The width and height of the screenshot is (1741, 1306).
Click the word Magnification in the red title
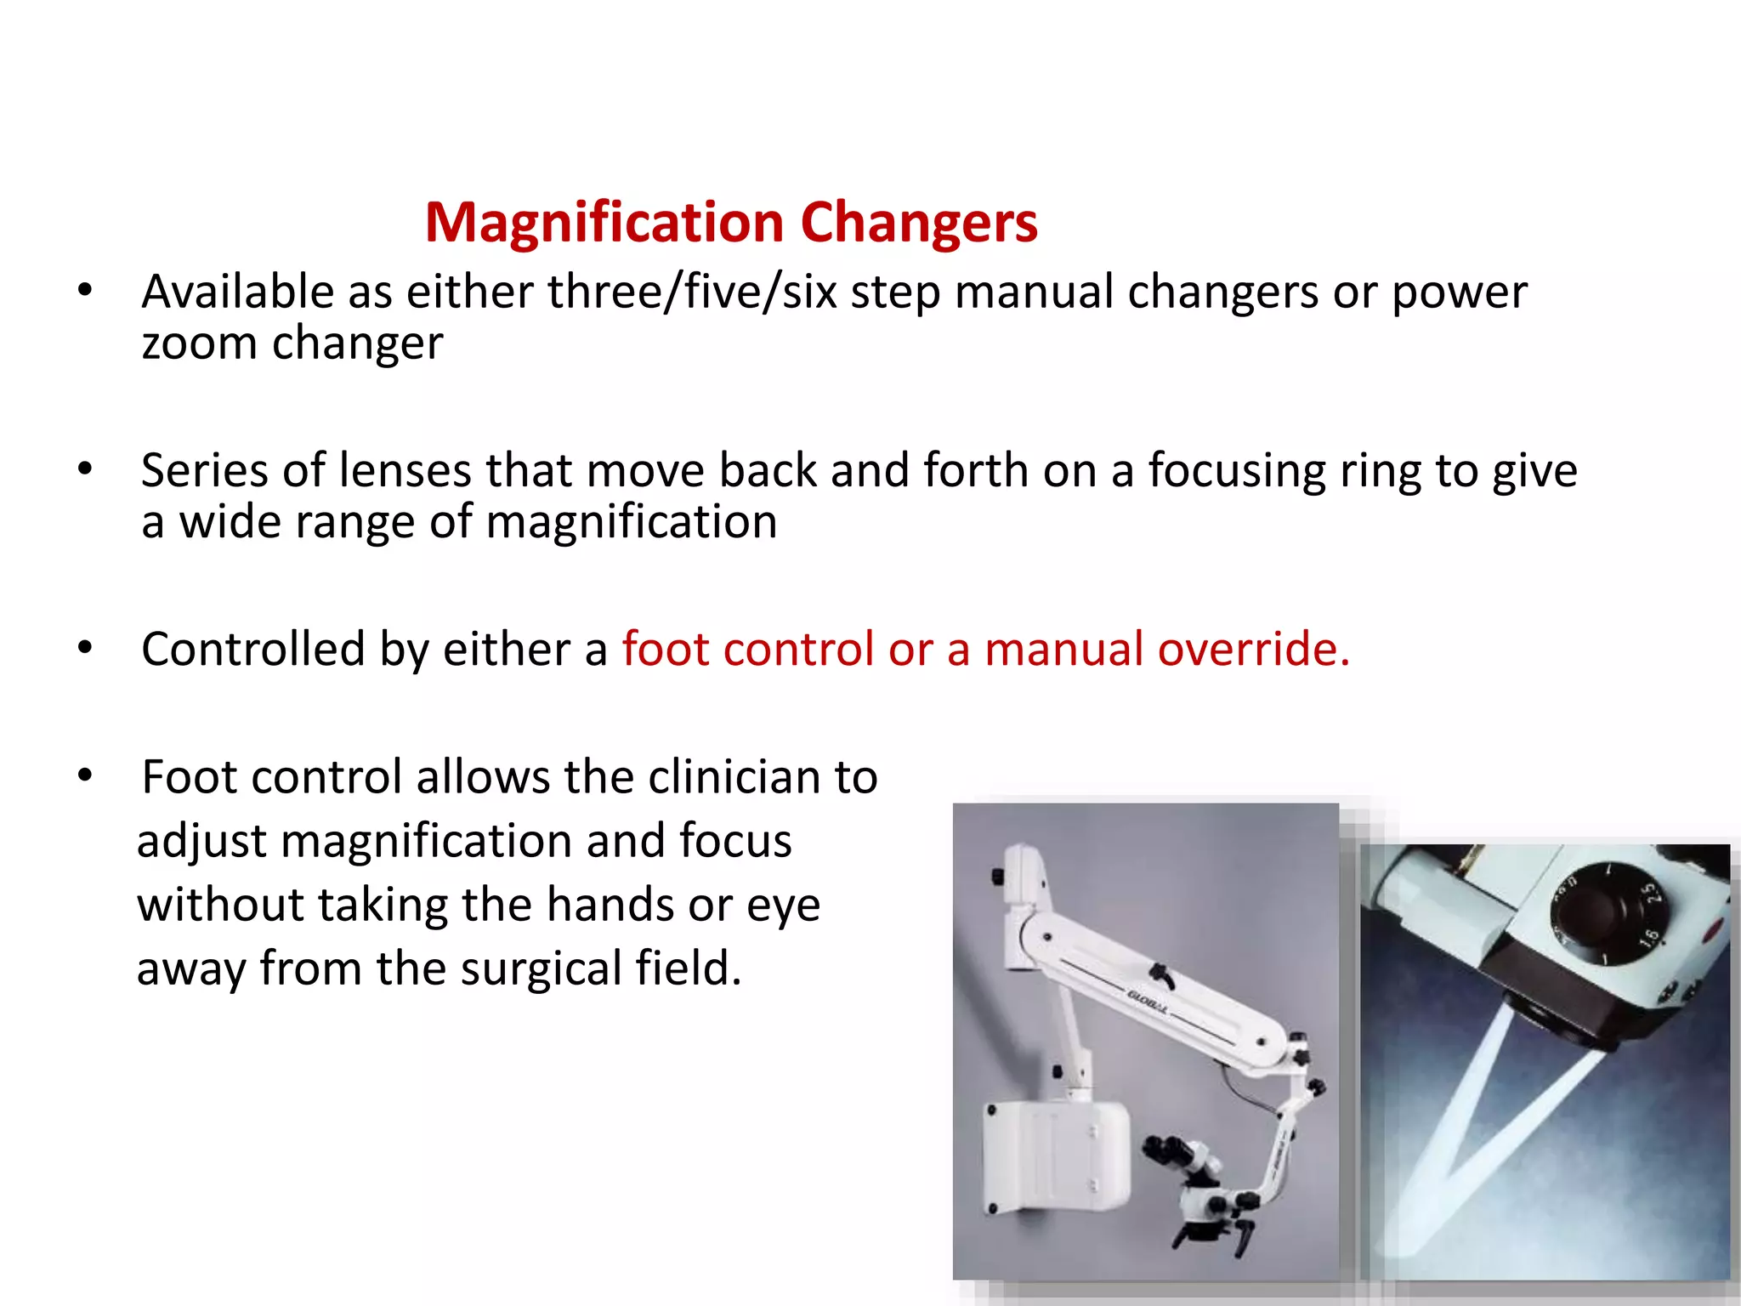(604, 223)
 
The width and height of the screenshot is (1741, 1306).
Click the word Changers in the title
(919, 223)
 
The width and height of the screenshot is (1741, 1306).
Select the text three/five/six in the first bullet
(691, 292)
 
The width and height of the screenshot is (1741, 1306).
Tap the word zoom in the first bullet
(199, 344)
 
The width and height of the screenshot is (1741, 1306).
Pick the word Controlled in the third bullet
(253, 650)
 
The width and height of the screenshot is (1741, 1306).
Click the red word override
(1253, 650)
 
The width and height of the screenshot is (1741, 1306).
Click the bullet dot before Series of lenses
(84, 469)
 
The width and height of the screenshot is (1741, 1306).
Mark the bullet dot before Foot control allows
(84, 775)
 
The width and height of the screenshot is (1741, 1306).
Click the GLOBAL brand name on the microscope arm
(1147, 1003)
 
